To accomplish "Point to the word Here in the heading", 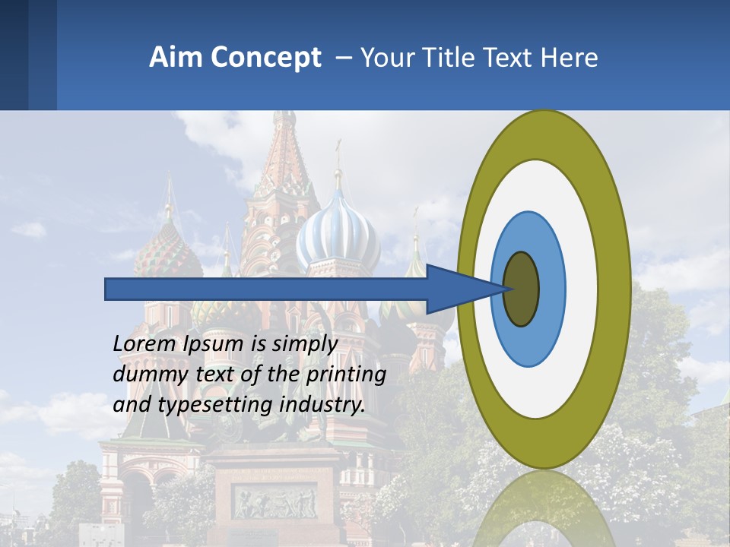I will pos(570,58).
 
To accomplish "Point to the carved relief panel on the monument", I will pos(274,501).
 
